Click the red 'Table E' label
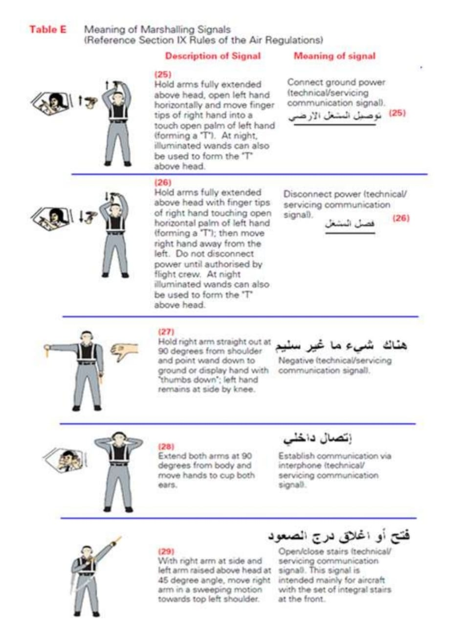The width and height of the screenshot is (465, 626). (x=47, y=29)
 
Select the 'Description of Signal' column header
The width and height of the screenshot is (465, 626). (x=213, y=56)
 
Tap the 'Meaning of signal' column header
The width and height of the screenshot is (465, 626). (x=334, y=56)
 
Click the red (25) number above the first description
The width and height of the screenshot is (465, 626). (x=162, y=75)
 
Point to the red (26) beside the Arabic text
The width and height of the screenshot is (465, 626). (x=400, y=218)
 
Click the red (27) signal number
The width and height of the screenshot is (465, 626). (x=166, y=332)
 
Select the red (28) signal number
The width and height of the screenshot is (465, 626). (x=166, y=446)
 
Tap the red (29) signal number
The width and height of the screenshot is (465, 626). (x=166, y=551)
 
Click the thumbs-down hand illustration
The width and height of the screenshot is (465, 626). (x=125, y=352)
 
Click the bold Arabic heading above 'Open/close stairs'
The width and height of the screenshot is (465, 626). (x=339, y=535)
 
